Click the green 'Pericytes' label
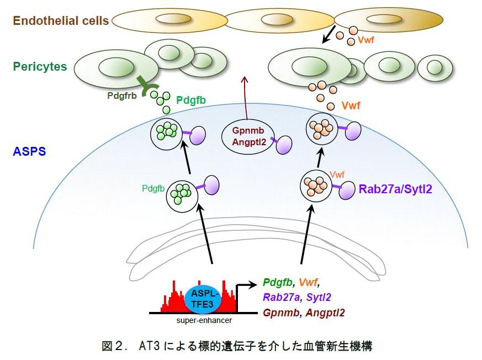(40, 67)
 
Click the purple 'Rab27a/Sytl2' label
(395, 189)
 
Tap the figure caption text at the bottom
(237, 347)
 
